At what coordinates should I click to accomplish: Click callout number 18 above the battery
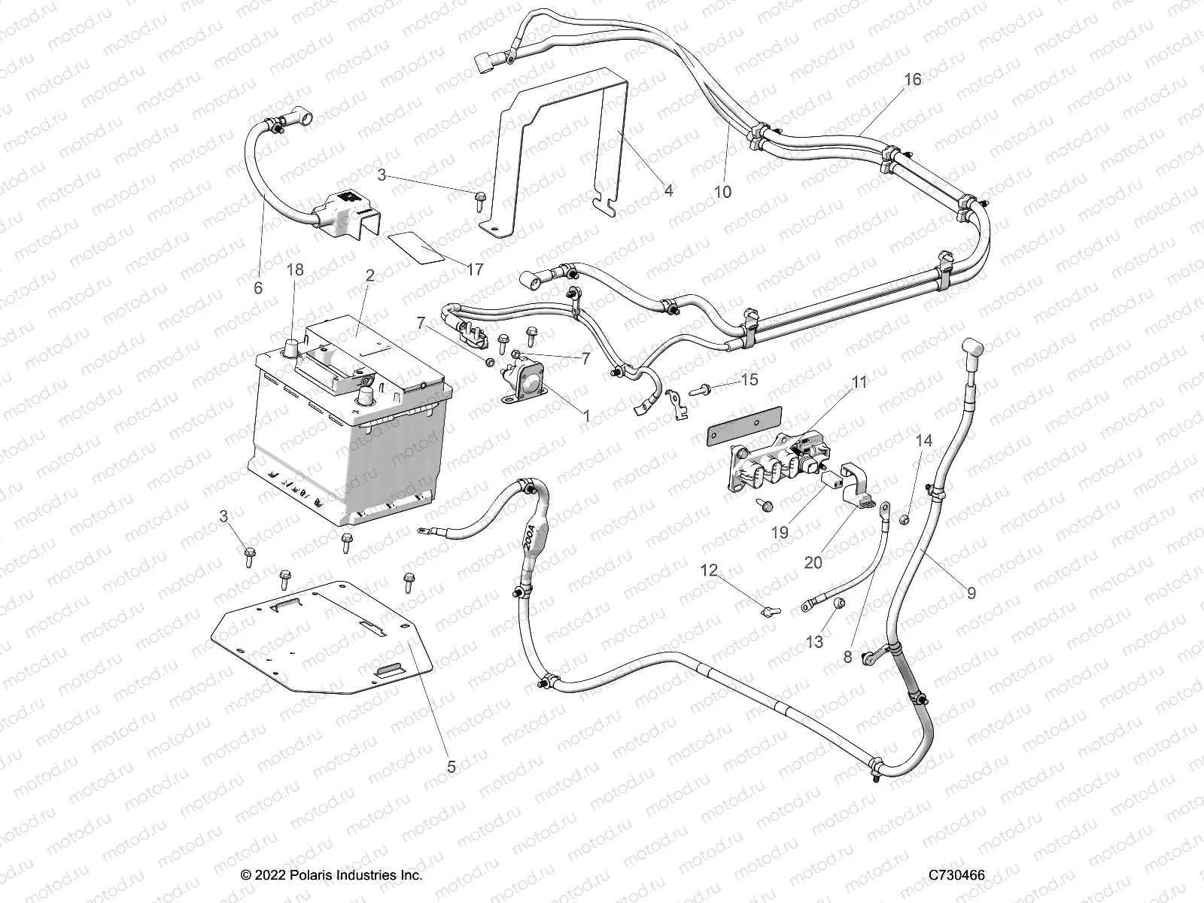tap(296, 269)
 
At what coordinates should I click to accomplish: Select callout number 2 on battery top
tap(369, 275)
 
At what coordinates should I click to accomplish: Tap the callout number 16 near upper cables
tap(911, 80)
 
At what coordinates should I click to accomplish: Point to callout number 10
tap(722, 192)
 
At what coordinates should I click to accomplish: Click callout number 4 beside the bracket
tap(668, 190)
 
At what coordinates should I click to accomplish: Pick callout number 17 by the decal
tap(475, 269)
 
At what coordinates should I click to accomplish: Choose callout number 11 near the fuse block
tap(859, 382)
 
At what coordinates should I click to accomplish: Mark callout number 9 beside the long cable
tap(971, 593)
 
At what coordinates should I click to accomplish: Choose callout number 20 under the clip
tap(813, 562)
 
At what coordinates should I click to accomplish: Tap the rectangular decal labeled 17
tap(415, 247)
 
